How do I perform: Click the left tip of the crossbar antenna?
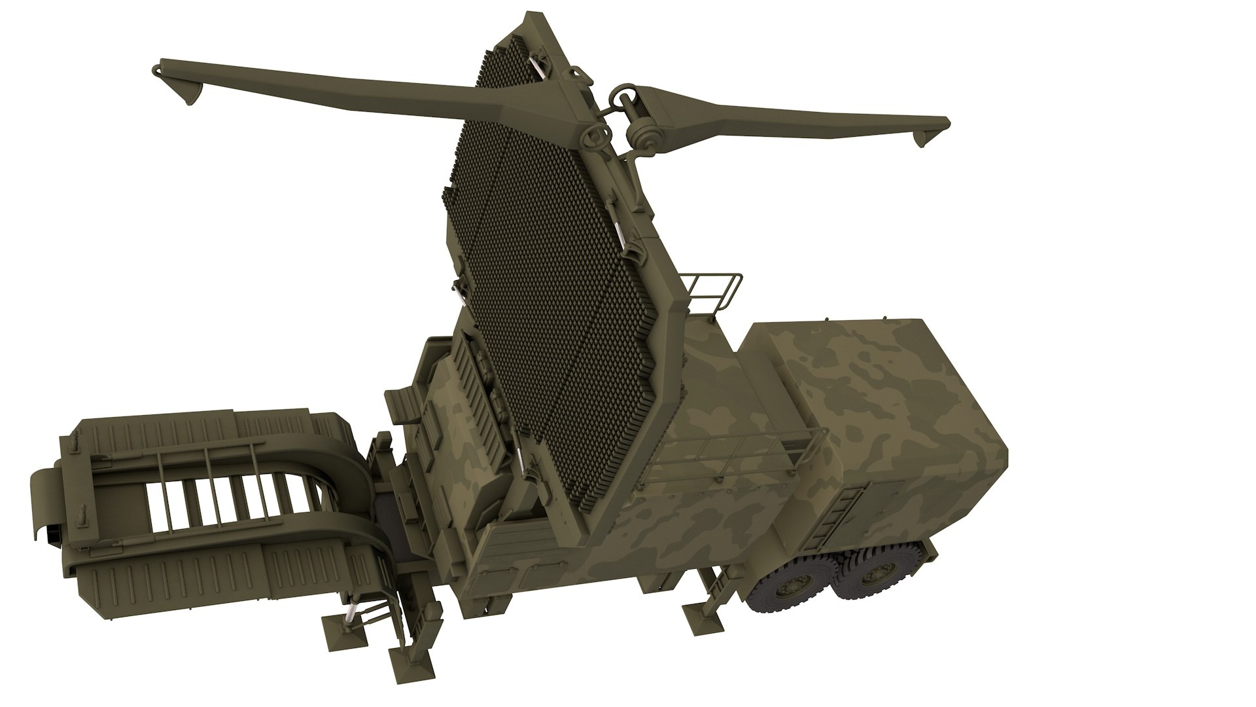click(x=158, y=67)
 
